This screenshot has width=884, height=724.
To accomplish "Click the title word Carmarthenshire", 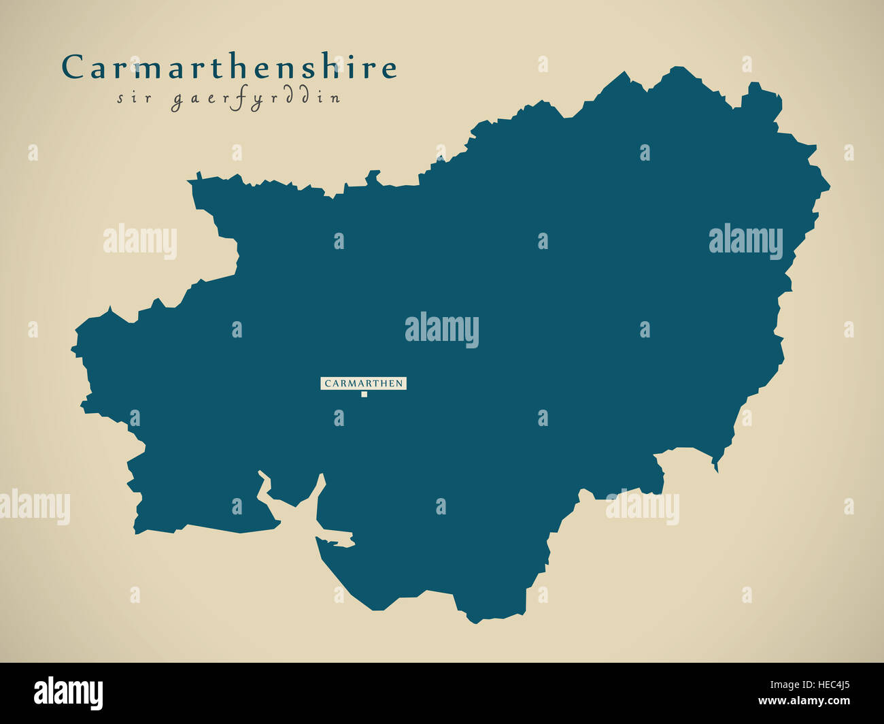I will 229,67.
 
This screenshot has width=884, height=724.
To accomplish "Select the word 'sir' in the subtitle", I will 131,97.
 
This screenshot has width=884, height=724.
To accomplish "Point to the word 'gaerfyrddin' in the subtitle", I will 255,99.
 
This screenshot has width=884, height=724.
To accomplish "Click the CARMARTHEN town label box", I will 363,384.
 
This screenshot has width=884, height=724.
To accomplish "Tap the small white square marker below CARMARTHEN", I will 364,394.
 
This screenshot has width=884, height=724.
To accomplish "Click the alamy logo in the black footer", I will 68,693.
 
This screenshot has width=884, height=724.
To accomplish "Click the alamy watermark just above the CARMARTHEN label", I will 442,330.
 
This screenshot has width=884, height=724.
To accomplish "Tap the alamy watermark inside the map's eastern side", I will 745,242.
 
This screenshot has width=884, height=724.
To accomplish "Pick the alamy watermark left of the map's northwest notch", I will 140,242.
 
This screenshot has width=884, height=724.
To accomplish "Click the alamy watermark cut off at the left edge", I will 34,507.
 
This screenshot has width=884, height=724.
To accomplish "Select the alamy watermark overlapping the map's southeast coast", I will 643,507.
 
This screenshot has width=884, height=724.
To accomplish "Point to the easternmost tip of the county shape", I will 829,186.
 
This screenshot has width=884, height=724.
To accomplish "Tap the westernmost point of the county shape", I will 72,351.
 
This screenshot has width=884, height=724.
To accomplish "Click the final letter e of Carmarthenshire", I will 389,68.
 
